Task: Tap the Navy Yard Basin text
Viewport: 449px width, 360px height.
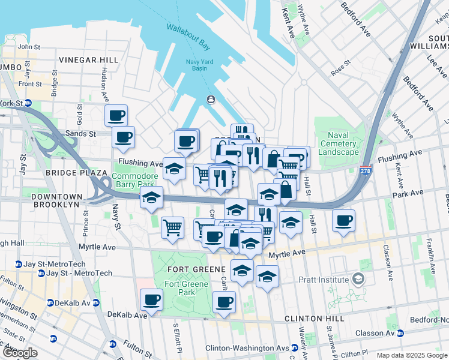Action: [195, 64]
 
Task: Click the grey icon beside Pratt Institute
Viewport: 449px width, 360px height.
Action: [358, 279]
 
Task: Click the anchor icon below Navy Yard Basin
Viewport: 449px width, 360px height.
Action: [211, 99]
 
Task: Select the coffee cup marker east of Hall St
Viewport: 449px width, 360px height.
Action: [343, 220]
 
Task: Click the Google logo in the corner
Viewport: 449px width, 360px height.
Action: [19, 353]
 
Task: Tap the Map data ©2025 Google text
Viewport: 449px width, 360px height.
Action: [411, 355]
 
